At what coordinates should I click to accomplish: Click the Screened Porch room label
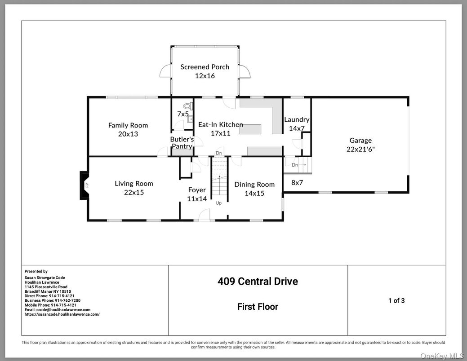(x=205, y=67)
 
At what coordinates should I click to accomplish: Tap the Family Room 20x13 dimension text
(x=128, y=134)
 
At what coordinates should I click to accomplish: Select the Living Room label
(x=134, y=183)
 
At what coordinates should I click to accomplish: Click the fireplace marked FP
(x=85, y=185)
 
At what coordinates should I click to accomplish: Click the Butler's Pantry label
(x=182, y=143)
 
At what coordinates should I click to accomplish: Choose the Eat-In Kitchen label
(x=220, y=124)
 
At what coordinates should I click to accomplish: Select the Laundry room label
(x=297, y=119)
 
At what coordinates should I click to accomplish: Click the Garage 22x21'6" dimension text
(x=360, y=150)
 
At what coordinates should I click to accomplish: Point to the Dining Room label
(x=254, y=184)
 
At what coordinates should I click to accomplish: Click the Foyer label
(x=197, y=190)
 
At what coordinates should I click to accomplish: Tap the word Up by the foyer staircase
(x=219, y=203)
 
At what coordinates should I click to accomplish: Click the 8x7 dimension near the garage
(x=298, y=183)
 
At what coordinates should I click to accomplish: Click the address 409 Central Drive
(x=258, y=282)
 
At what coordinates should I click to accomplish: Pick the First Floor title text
(x=258, y=307)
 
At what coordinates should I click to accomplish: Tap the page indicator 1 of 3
(x=396, y=301)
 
